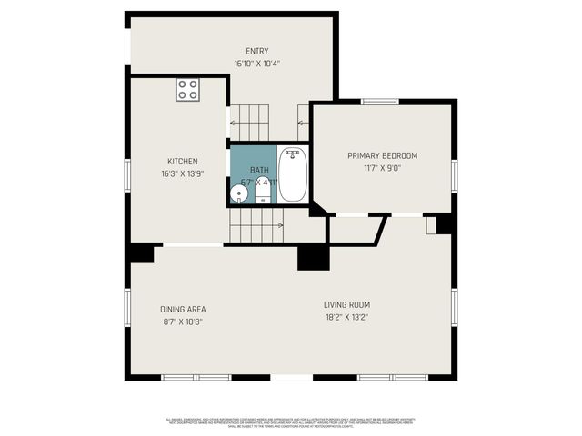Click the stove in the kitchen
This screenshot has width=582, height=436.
187,89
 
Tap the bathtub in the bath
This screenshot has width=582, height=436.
292,174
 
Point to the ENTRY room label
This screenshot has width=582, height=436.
257,52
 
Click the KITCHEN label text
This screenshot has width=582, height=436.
182,162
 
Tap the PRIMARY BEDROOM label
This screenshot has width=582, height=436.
382,155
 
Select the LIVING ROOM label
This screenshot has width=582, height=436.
346,305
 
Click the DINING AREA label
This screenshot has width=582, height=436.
182,309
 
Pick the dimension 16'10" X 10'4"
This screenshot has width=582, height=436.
257,64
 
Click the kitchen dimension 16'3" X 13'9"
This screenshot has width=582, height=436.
182,173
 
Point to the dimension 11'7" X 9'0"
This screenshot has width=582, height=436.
382,167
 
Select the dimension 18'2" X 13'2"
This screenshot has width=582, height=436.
346,317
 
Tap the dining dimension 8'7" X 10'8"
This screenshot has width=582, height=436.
182,321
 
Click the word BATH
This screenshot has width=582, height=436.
260,170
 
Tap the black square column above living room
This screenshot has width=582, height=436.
313,257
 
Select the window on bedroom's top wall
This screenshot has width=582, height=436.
380,102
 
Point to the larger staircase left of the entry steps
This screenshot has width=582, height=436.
249,118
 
